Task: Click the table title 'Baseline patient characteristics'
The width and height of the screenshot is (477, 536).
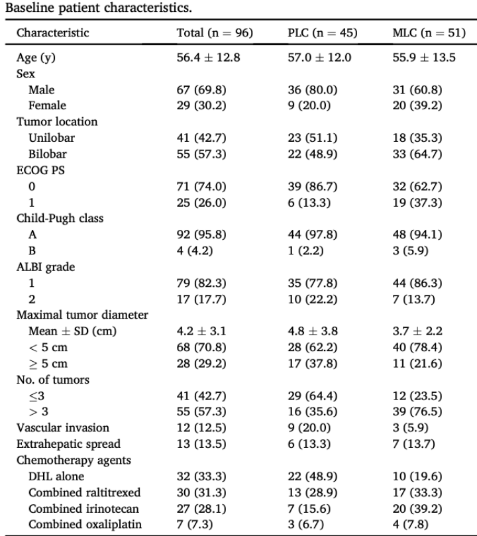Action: pos(99,7)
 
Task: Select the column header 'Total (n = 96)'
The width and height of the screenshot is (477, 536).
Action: pos(215,33)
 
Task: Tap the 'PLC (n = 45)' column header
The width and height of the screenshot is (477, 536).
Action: pos(322,33)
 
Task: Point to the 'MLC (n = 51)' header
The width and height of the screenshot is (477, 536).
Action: pos(429,33)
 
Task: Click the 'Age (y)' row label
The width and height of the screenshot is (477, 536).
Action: pos(36,58)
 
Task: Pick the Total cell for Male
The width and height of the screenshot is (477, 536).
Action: pos(201,90)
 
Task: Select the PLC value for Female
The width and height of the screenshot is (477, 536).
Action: pos(309,105)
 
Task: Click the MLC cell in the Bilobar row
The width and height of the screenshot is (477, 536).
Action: pos(417,154)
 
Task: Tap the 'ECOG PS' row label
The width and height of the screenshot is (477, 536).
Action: pos(40,170)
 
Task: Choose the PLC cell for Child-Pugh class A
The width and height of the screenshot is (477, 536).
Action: pos(312,235)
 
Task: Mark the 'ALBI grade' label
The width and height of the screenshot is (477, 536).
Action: pos(46,267)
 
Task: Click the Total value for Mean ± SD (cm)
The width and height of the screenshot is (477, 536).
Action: pos(201,331)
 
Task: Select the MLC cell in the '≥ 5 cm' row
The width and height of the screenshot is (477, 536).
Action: pos(417,363)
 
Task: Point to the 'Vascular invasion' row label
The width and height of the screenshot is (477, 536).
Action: pos(62,427)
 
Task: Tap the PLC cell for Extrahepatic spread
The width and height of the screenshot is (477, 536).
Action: pos(309,444)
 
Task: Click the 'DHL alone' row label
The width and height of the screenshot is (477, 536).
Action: pos(56,476)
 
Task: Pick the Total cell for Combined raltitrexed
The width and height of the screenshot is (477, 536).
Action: pos(201,492)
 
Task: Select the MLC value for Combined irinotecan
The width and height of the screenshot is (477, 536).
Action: pos(417,509)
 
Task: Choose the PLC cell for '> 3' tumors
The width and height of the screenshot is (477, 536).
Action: pos(312,411)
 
